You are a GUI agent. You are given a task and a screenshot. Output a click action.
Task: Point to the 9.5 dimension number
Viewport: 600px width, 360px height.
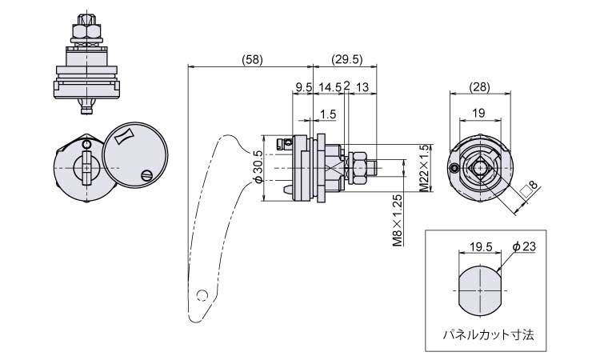(x=303, y=86)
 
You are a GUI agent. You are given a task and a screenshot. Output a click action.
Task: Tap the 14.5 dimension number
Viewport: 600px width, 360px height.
(x=330, y=86)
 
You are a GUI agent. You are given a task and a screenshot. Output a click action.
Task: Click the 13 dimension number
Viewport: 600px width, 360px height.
(x=362, y=86)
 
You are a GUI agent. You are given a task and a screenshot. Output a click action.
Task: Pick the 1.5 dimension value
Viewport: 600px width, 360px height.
(x=327, y=114)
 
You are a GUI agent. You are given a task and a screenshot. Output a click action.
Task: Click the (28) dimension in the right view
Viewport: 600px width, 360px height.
(x=480, y=86)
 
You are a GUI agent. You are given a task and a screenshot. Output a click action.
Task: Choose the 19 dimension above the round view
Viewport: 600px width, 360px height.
(x=478, y=114)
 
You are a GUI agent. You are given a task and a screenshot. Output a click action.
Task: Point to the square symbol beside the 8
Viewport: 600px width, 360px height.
(x=526, y=191)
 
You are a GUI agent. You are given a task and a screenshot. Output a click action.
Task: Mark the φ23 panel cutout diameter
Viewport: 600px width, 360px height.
(x=523, y=247)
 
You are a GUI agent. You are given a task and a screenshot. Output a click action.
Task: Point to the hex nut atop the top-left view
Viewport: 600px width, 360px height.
(x=86, y=32)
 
